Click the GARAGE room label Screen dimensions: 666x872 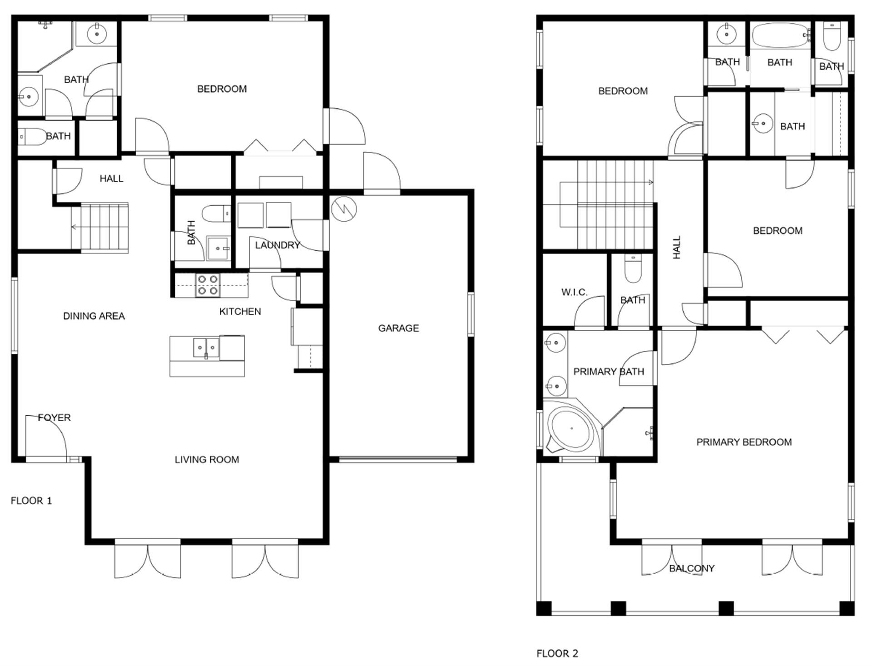click(x=398, y=328)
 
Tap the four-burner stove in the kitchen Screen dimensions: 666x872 click(x=208, y=285)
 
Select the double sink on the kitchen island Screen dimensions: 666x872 click(x=207, y=348)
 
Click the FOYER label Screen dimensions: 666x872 click(x=54, y=417)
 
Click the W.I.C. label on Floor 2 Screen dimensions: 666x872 click(x=574, y=292)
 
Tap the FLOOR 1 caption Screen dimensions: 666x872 click(x=31, y=501)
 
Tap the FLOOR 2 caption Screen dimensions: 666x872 click(x=557, y=653)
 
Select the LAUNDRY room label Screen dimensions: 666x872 click(x=277, y=245)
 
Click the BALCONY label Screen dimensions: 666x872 click(x=692, y=568)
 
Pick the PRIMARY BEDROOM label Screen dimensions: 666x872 click(x=744, y=442)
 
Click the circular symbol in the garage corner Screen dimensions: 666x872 click(x=344, y=209)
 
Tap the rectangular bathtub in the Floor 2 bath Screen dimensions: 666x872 click(x=780, y=35)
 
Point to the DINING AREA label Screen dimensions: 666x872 click(x=94, y=316)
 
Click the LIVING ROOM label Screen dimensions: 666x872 click(x=207, y=460)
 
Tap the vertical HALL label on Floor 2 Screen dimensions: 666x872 click(x=677, y=248)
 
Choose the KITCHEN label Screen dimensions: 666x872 click(x=240, y=312)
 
